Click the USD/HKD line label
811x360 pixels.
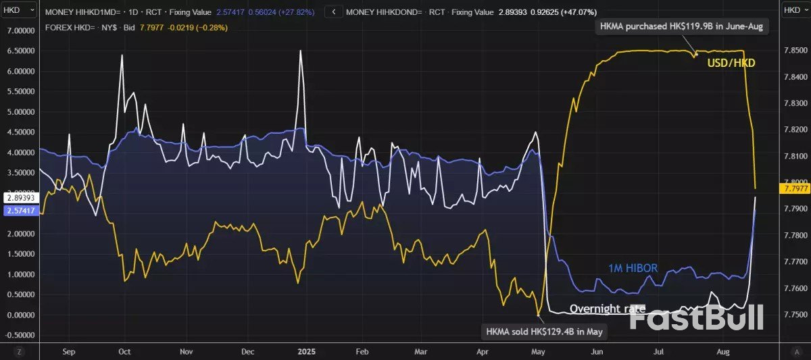pos(731,63)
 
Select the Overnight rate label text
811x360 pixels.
pos(607,309)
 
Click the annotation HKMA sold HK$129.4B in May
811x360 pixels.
pos(544,332)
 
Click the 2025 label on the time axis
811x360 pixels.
pos(305,352)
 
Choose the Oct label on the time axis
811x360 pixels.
pos(124,352)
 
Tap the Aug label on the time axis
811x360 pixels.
pos(722,352)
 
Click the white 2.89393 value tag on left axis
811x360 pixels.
pos(20,197)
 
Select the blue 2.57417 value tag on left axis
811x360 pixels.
pos(20,211)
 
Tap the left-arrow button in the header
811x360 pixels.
pos(332,12)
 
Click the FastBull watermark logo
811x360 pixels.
pos(696,317)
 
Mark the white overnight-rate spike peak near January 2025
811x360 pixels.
pos(301,51)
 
